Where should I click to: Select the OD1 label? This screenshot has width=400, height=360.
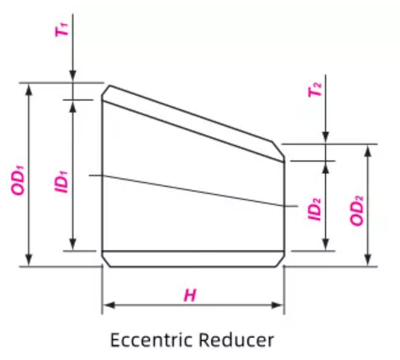tap(18, 175)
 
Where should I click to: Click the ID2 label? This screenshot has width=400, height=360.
tap(314, 209)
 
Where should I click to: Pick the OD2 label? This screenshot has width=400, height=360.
tap(356, 208)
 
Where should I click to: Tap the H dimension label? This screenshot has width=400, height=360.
tap(190, 295)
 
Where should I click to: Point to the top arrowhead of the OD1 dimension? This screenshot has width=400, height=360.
tap(30, 87)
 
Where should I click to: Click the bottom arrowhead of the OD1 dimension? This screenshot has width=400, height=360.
tap(30, 260)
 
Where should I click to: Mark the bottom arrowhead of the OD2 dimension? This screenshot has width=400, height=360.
tap(368, 260)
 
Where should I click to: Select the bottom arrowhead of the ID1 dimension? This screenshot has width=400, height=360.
tap(73, 246)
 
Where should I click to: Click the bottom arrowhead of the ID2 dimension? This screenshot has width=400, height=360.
tap(327, 246)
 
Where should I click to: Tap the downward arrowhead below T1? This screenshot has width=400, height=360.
tap(73, 77)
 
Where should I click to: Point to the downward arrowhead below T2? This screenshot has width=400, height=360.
tap(327, 139)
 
